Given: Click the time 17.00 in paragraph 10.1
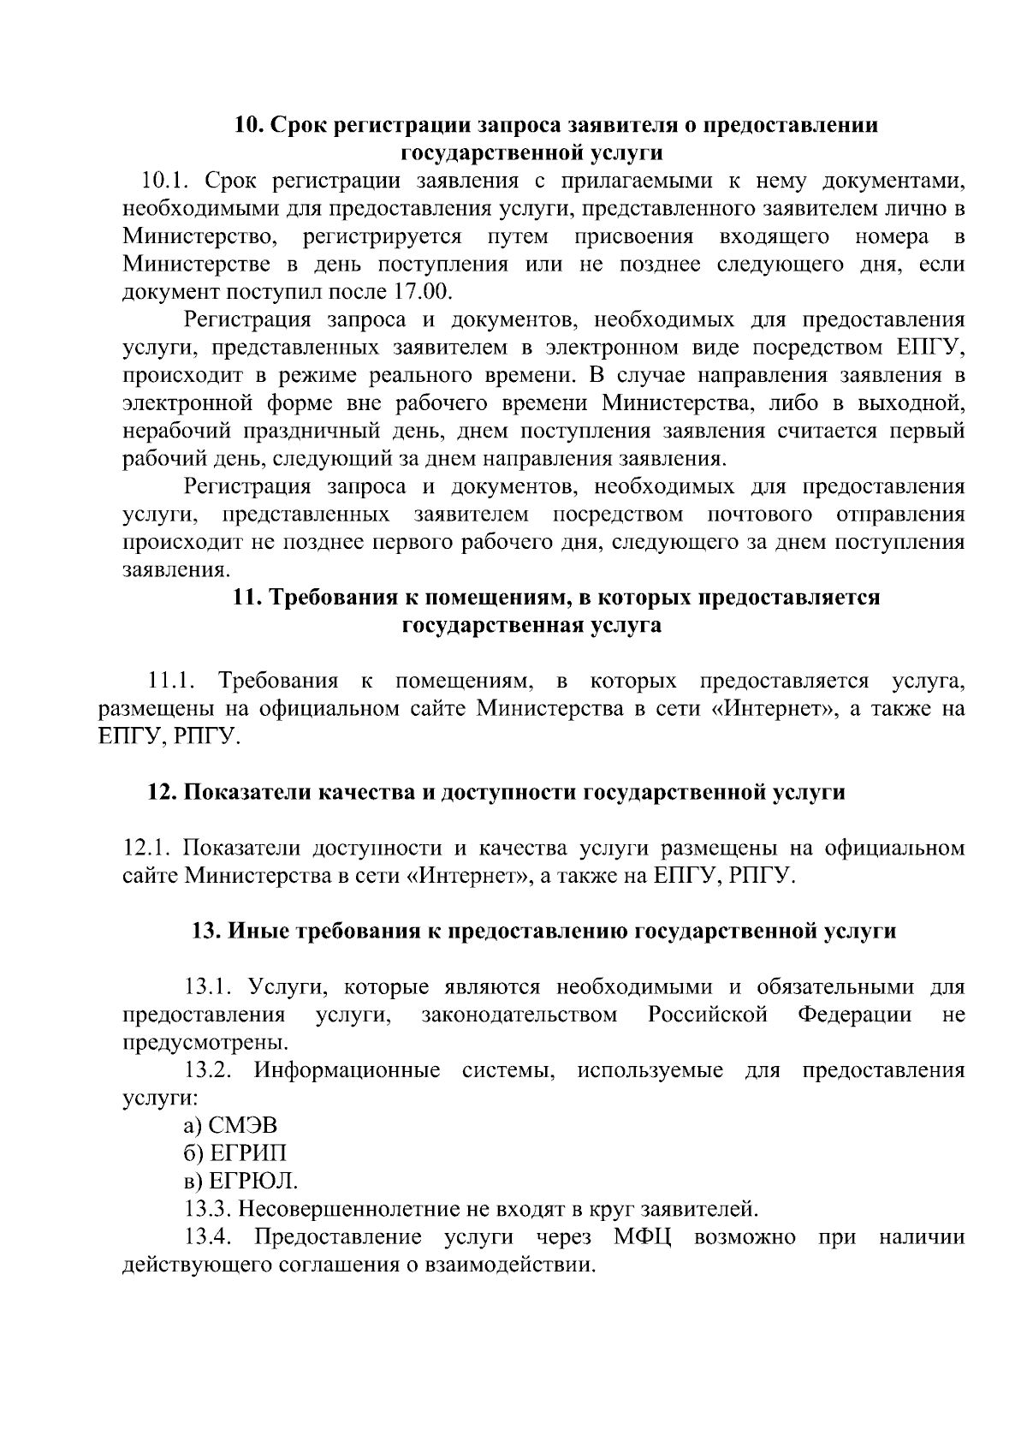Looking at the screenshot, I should coord(420,291).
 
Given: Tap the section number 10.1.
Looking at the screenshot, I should coord(169,181).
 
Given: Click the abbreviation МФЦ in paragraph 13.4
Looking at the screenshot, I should coord(642,1237).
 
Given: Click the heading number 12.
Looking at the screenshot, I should coord(162,792).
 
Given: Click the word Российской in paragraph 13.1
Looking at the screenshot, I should coord(707,1015).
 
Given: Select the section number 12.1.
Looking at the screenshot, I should coord(149,848).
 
